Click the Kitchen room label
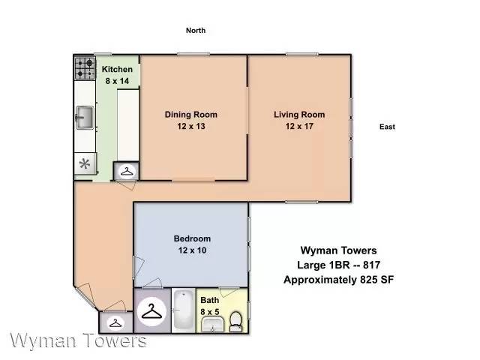tap(117, 69)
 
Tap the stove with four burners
tap(85, 68)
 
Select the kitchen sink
tap(85, 118)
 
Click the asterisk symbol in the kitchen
tap(85, 163)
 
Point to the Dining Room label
tap(191, 115)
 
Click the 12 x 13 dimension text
tap(191, 126)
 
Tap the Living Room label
tap(299, 115)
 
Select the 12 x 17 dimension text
tap(299, 126)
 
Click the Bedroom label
tap(192, 238)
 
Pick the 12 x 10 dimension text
tap(192, 250)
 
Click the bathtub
tap(183, 310)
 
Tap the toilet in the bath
tap(235, 322)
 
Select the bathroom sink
tap(213, 325)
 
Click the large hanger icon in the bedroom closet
tap(151, 311)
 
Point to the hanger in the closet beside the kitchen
tap(127, 172)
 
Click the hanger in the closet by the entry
tap(115, 323)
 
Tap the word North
tap(196, 30)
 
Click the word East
tap(387, 127)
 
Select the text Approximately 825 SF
tap(338, 280)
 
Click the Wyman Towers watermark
tap(78, 340)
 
